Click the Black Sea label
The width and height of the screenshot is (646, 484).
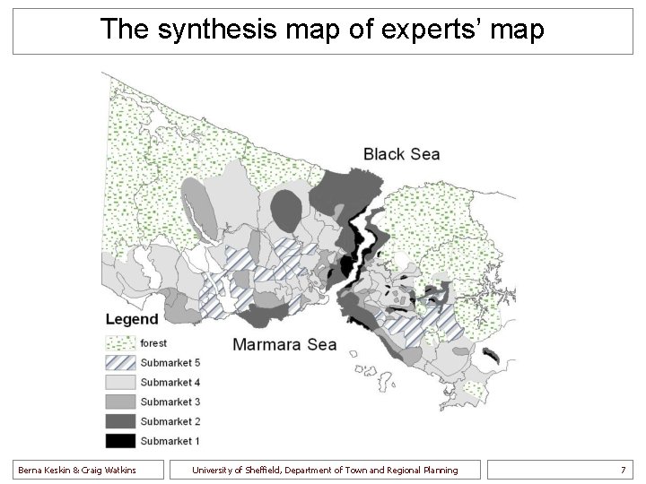tap(401, 154)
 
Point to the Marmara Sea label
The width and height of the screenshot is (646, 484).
tap(284, 344)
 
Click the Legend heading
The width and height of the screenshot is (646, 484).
tap(132, 319)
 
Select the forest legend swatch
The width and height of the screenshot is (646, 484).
tap(120, 343)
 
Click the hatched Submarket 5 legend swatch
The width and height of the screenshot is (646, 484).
tap(120, 363)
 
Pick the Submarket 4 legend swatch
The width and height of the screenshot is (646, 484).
tap(120, 383)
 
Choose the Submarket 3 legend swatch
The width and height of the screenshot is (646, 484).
tap(120, 402)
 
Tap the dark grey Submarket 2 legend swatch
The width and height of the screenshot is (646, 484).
tap(120, 421)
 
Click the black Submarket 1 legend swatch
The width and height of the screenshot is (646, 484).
tap(120, 441)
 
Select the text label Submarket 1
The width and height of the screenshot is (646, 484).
tap(170, 441)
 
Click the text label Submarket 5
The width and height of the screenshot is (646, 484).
tap(170, 363)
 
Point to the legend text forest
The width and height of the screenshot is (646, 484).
tap(153, 343)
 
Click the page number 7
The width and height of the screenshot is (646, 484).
tap(623, 470)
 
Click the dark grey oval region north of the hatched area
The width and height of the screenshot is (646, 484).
tap(286, 210)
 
